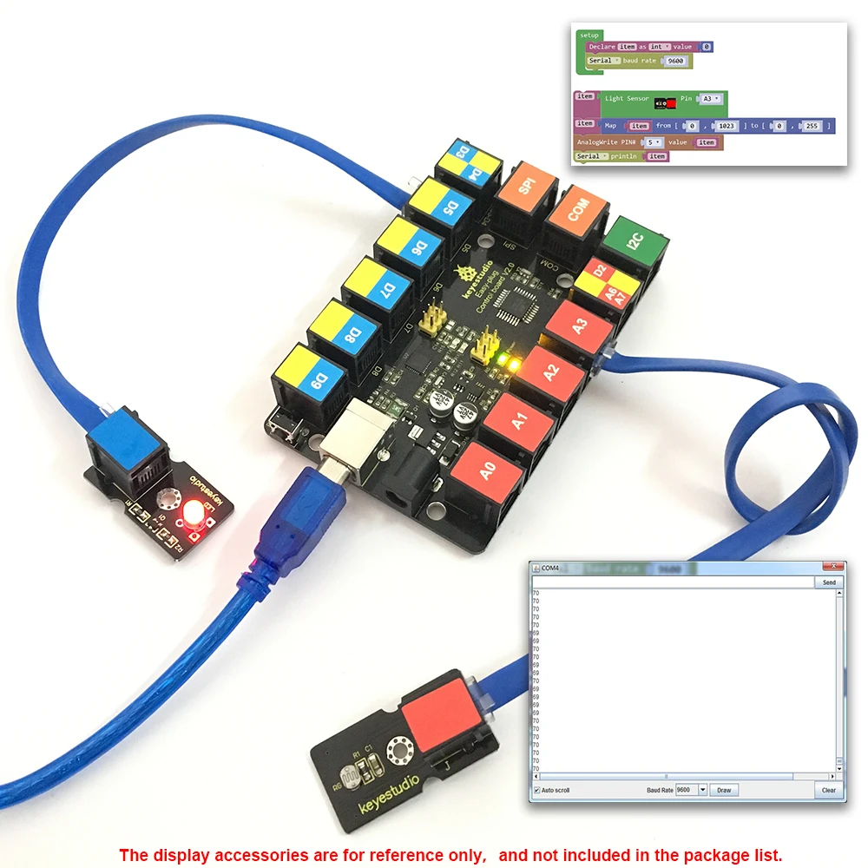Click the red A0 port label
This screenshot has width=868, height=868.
click(x=488, y=471)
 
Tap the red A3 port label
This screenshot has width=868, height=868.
click(x=580, y=325)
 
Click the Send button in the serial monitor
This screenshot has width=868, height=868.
click(x=829, y=582)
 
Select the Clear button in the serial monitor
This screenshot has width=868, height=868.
click(x=829, y=790)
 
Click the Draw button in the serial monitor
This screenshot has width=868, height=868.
click(x=724, y=790)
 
